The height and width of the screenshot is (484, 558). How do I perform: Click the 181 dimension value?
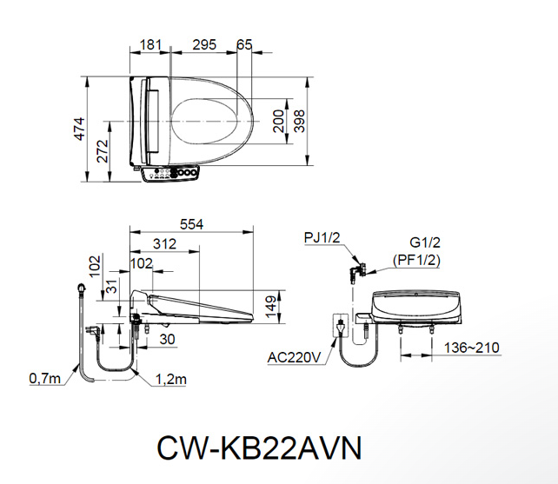tap(150, 43)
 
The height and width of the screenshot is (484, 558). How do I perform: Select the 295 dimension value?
tap(204, 43)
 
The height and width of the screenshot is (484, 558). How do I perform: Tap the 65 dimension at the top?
tap(244, 43)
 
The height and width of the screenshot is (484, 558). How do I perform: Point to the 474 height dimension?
tap(79, 128)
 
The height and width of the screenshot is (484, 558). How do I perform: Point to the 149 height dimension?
tap(271, 305)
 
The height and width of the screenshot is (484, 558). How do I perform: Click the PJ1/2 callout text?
tap(322, 237)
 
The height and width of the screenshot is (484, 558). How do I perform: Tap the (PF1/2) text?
tap(416, 260)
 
